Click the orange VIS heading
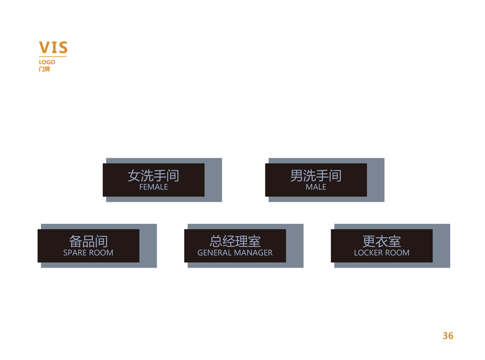pyautogui.click(x=53, y=47)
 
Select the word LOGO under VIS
pyautogui.click(x=47, y=62)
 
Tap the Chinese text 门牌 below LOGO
pyautogui.click(x=44, y=69)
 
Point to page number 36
pyautogui.click(x=448, y=335)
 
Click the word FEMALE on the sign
pyautogui.click(x=154, y=187)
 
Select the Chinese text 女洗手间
pyautogui.click(x=154, y=175)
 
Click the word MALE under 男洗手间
pyautogui.click(x=316, y=187)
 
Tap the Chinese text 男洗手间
pyautogui.click(x=316, y=175)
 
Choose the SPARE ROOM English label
pyautogui.click(x=88, y=253)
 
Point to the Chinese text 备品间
pyautogui.click(x=88, y=241)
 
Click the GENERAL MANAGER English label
pyautogui.click(x=235, y=253)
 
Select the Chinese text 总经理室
pyautogui.click(x=235, y=241)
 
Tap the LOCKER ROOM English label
pyautogui.click(x=382, y=253)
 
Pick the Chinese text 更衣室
pyautogui.click(x=382, y=241)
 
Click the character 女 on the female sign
pyautogui.click(x=134, y=175)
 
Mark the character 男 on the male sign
pyautogui.click(x=297, y=175)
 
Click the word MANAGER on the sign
pyautogui.click(x=253, y=253)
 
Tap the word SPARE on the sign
pyautogui.click(x=75, y=253)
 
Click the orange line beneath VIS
pyautogui.click(x=53, y=57)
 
